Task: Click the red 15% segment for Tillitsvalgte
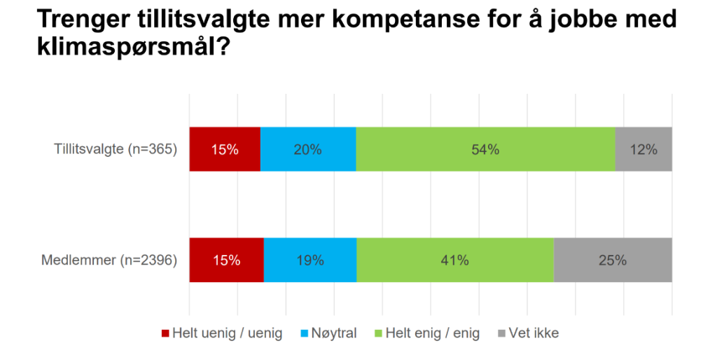click(225, 149)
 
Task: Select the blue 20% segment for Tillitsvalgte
click(308, 149)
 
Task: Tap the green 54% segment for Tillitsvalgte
click(485, 149)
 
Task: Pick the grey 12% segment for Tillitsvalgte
click(643, 149)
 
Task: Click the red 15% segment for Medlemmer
click(226, 260)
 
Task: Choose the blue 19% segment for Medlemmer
click(310, 260)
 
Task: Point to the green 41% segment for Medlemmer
click(455, 260)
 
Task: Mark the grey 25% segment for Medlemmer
click(613, 260)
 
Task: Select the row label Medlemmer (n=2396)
click(109, 261)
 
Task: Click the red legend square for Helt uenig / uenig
click(166, 333)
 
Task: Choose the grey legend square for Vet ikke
click(502, 333)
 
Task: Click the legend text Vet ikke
click(535, 333)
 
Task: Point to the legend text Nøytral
click(333, 333)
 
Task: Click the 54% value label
click(485, 149)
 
